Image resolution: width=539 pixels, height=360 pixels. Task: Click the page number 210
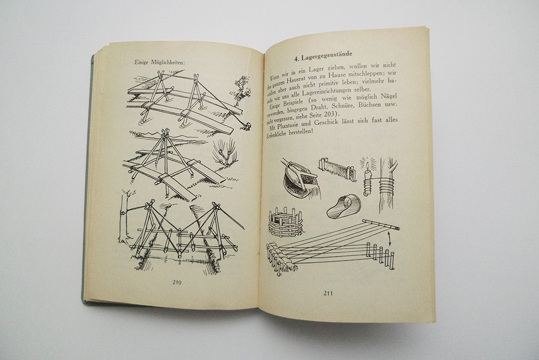(177, 282)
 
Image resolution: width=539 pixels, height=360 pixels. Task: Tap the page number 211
(328, 293)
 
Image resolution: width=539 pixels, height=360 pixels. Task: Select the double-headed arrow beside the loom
(389, 239)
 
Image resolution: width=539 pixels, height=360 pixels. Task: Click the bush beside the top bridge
(242, 86)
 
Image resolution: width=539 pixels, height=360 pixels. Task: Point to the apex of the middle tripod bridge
(166, 131)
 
